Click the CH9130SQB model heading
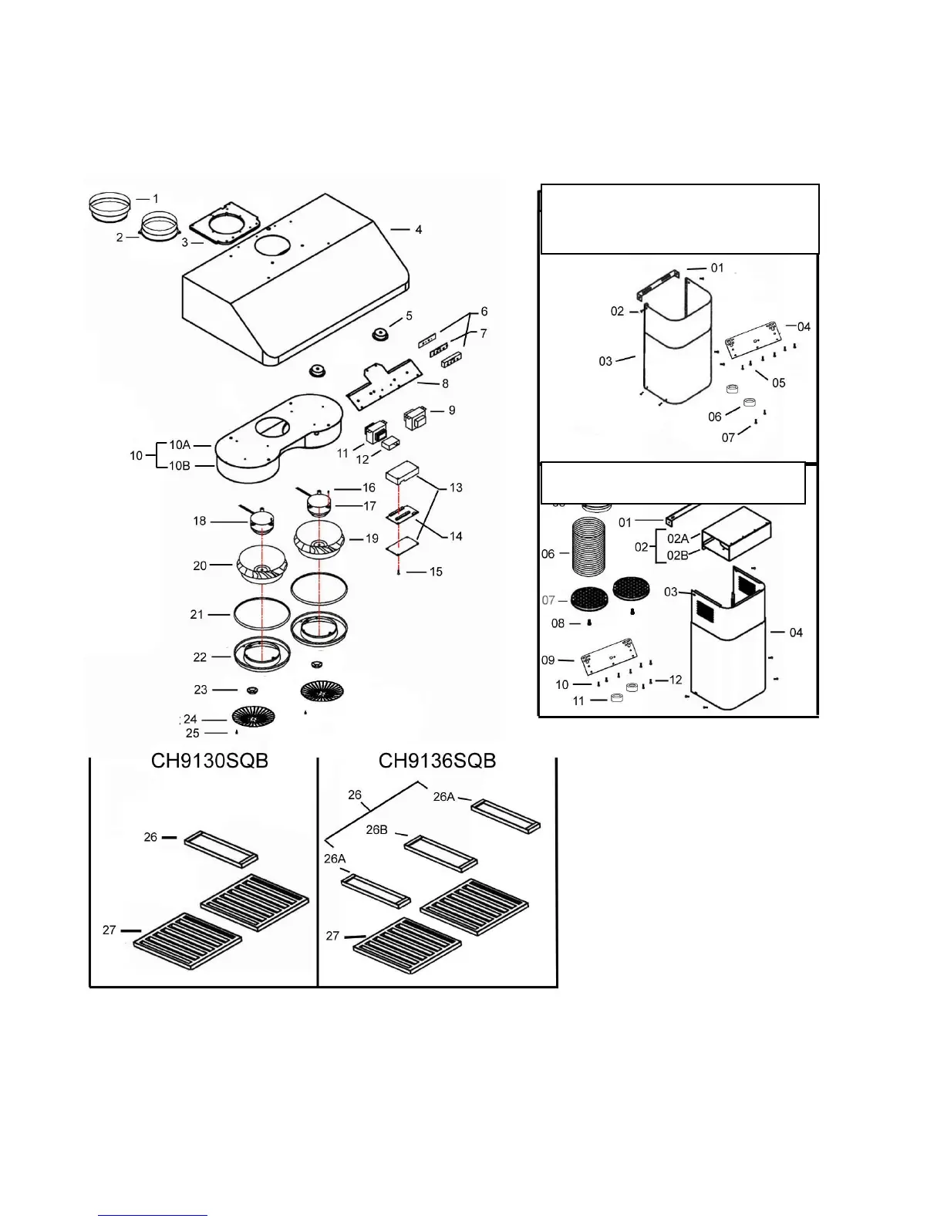click(x=209, y=761)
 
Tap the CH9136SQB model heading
click(x=437, y=761)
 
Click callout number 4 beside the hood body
click(x=418, y=230)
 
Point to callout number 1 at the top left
click(x=155, y=199)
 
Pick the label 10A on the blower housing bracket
click(x=180, y=445)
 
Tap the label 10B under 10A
click(x=180, y=465)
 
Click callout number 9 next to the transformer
click(x=451, y=410)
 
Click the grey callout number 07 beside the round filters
click(x=548, y=599)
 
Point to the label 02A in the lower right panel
click(x=678, y=539)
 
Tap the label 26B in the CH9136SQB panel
click(x=376, y=830)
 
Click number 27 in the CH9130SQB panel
click(x=110, y=930)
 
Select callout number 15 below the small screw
click(x=436, y=572)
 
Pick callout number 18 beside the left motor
click(x=200, y=521)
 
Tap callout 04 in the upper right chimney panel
click(x=804, y=326)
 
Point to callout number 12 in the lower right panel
click(x=676, y=680)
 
